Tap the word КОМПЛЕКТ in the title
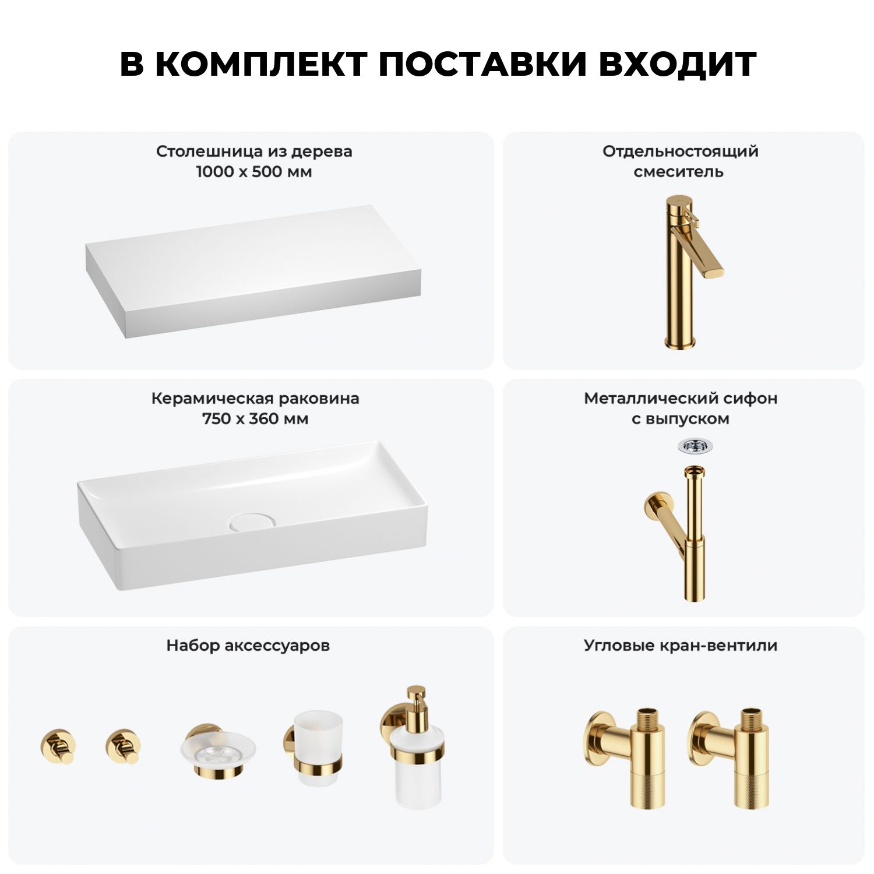tap(260, 64)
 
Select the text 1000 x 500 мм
tap(254, 172)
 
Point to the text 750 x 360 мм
tap(255, 419)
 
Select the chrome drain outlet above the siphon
tap(695, 446)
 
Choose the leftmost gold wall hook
tap(58, 746)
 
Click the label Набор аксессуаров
tap(248, 646)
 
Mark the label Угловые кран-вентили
tap(681, 646)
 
